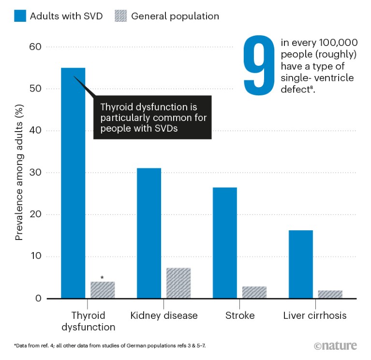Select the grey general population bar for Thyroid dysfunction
click(x=103, y=290)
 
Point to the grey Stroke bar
click(x=254, y=292)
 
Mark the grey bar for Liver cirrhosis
click(x=330, y=294)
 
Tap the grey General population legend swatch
click(x=119, y=16)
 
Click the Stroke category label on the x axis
click(x=239, y=316)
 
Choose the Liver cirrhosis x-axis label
click(x=315, y=316)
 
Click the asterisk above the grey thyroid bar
click(x=102, y=278)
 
